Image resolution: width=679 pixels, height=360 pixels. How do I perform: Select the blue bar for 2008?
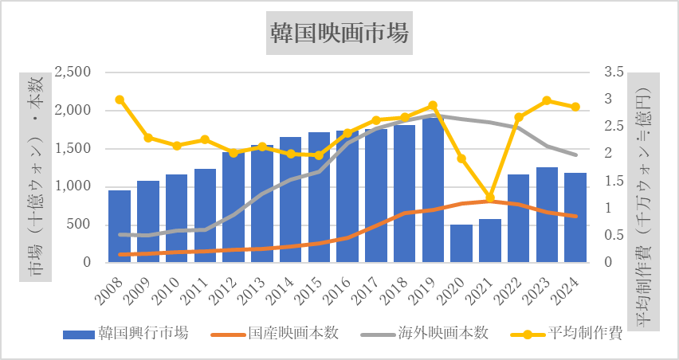(120, 226)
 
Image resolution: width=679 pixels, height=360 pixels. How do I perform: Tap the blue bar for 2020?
(461, 244)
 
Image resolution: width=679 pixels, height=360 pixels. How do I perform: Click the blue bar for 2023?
(547, 215)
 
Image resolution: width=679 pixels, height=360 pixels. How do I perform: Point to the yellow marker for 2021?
(490, 198)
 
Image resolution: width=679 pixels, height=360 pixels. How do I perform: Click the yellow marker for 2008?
(120, 100)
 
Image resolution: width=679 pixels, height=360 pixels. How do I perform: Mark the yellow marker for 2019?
(433, 106)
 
